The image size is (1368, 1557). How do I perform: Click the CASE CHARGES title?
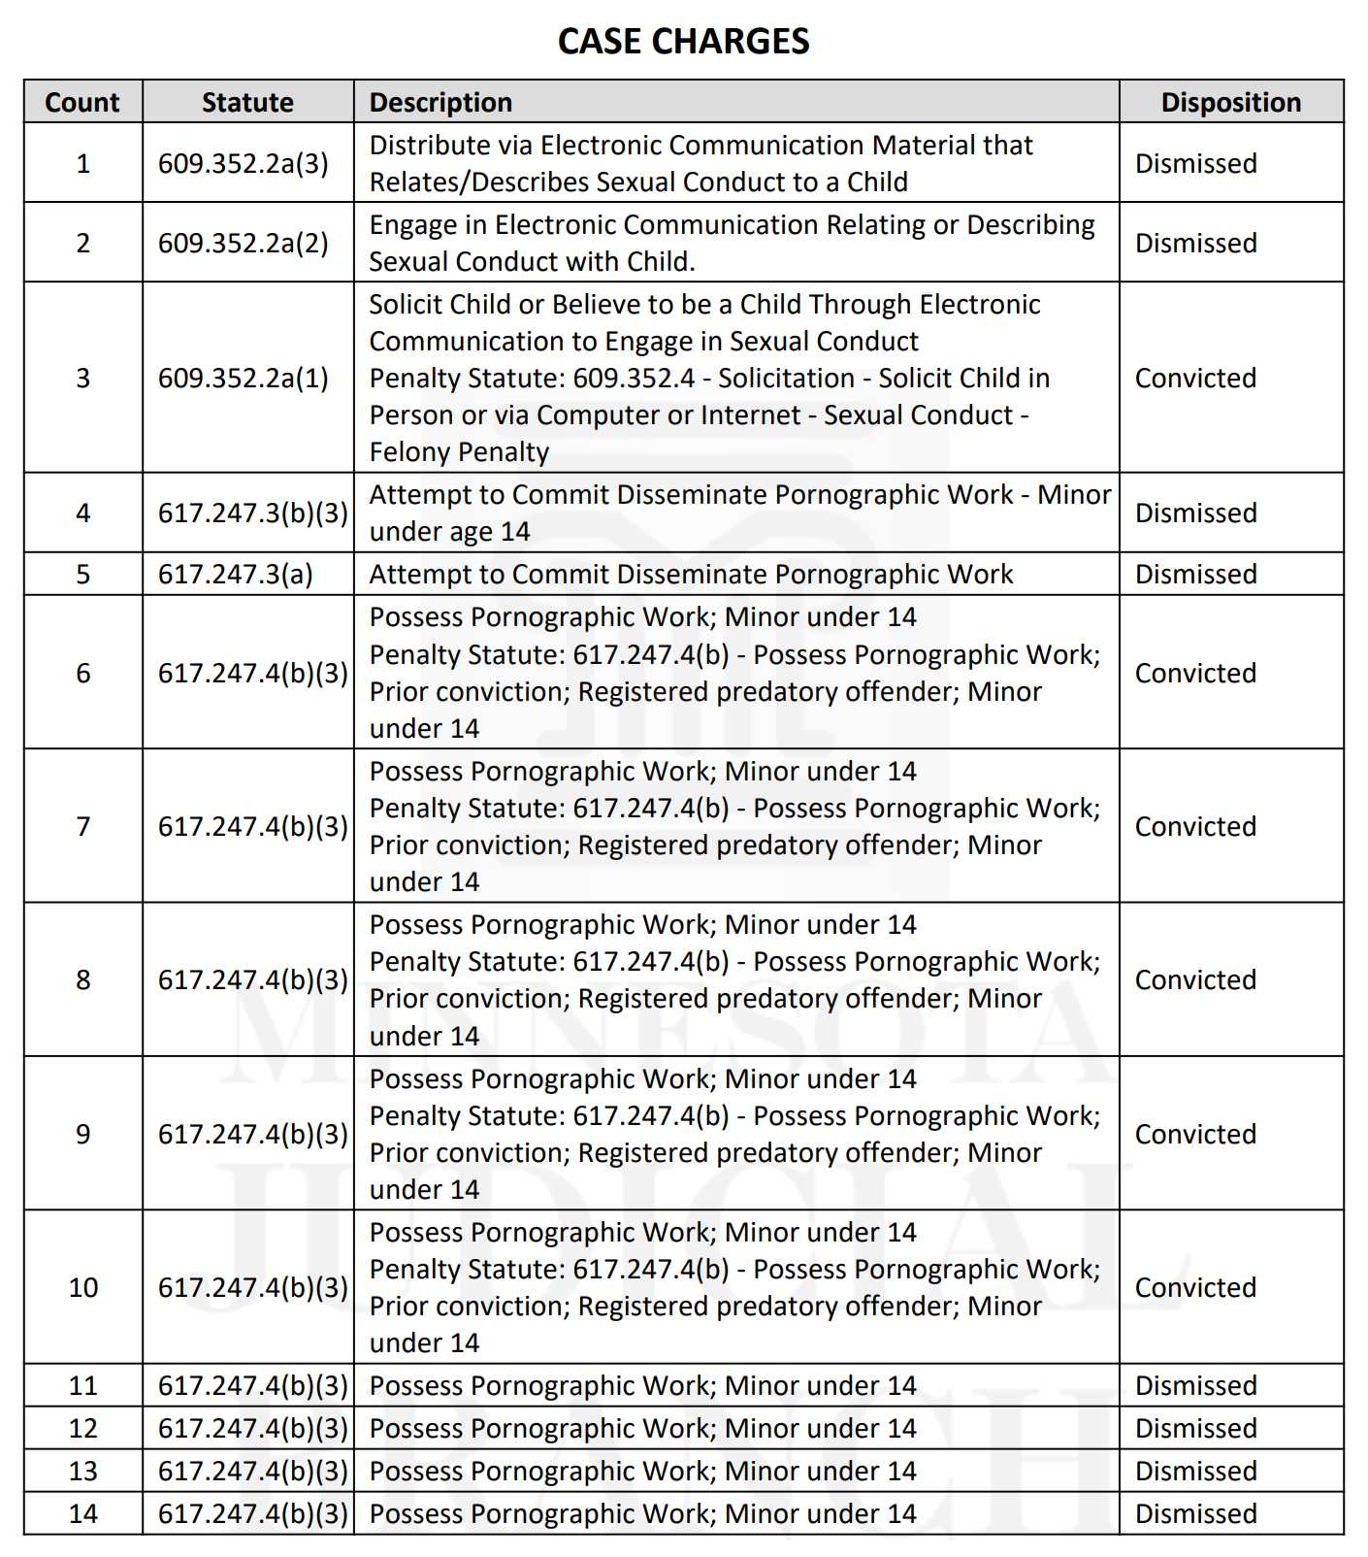point(683,41)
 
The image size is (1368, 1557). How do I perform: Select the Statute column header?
point(247,102)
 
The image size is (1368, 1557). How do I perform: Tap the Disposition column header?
point(1230,102)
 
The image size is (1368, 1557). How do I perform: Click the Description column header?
point(440,102)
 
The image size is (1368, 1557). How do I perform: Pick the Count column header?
point(82,102)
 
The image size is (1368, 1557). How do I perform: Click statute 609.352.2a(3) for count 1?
point(244,163)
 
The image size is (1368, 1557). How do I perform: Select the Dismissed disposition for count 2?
point(1195,243)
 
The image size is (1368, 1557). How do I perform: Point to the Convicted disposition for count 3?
point(1195,378)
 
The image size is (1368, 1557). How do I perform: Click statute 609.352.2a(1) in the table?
point(244,378)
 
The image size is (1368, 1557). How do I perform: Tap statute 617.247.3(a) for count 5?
point(236,574)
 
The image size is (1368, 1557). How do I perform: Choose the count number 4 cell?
point(83,513)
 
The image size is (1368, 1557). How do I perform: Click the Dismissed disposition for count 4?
point(1195,513)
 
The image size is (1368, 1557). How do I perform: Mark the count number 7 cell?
point(83,826)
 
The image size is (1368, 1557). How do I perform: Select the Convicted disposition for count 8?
point(1195,979)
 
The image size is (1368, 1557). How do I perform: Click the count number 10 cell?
point(83,1287)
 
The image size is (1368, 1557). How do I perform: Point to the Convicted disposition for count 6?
point(1195,673)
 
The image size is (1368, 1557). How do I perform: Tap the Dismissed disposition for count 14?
point(1195,1513)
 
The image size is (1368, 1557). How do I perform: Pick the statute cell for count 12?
point(252,1428)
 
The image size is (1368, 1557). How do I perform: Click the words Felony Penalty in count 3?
point(459,452)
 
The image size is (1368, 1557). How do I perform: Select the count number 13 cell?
point(83,1471)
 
